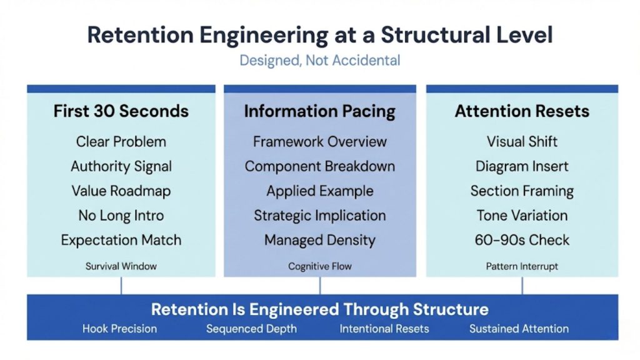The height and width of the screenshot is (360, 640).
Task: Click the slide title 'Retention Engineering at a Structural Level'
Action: click(x=319, y=34)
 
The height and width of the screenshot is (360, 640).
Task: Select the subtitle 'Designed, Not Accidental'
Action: click(x=319, y=61)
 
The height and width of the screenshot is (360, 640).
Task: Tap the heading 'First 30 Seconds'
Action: click(x=121, y=111)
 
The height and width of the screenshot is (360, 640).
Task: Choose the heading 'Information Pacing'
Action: click(x=319, y=111)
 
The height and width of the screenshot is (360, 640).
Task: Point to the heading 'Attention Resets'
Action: click(x=522, y=111)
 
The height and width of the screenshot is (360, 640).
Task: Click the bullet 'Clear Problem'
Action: click(x=121, y=142)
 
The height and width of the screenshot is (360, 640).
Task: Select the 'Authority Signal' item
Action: click(x=121, y=166)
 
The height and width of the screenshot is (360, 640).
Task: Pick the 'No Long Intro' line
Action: click(x=121, y=216)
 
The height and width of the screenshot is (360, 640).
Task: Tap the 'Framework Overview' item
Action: click(x=319, y=142)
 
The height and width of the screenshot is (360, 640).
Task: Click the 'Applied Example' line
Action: click(x=319, y=191)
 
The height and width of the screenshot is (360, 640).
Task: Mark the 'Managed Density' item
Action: click(x=319, y=240)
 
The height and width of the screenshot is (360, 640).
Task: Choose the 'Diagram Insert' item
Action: click(x=522, y=166)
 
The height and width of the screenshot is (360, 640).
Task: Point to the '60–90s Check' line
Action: click(x=522, y=240)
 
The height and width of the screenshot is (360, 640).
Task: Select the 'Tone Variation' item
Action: click(x=522, y=216)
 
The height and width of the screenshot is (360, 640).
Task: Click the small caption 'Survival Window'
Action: click(x=121, y=266)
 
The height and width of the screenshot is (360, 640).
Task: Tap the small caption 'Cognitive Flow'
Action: click(x=319, y=266)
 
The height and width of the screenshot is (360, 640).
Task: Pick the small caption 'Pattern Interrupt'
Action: click(x=522, y=266)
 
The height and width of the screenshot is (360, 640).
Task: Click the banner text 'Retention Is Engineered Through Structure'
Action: click(x=319, y=309)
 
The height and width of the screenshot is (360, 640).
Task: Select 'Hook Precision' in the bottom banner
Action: click(x=119, y=329)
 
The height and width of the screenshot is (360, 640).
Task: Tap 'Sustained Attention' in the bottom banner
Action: click(x=519, y=329)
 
